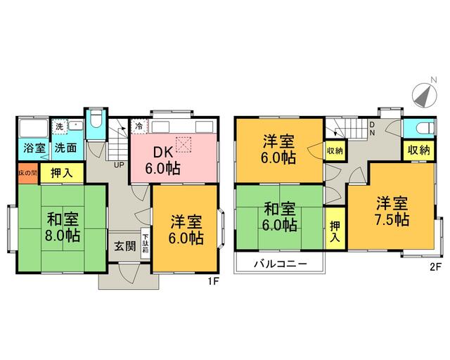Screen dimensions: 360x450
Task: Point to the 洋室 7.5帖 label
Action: [x=392, y=211]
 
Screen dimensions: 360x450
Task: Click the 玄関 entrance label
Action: [x=127, y=246]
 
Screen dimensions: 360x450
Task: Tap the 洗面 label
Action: [x=66, y=148]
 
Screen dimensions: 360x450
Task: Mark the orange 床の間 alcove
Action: [x=25, y=172]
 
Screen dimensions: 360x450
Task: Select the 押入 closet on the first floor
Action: [x=60, y=172]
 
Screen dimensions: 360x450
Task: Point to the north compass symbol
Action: [x=423, y=94]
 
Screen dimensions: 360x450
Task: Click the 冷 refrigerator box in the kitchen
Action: [x=139, y=127]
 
